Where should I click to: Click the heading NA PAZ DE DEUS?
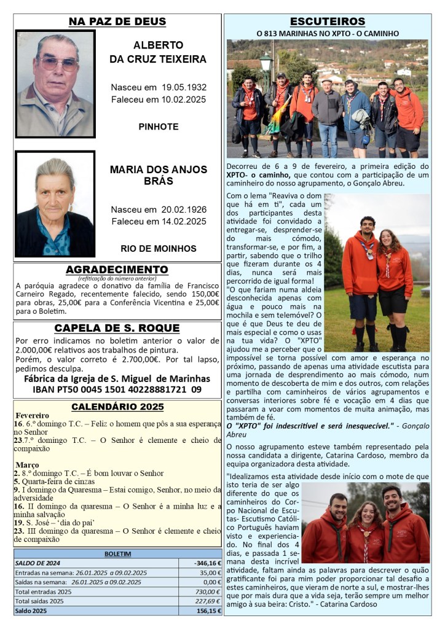point(117,22)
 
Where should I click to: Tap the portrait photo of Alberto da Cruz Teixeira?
point(55,84)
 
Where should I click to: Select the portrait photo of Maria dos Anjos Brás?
point(55,204)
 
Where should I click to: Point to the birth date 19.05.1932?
point(178,87)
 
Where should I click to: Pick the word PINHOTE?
point(159,127)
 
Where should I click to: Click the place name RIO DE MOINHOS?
point(159,249)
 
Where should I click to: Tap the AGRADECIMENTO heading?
point(117,270)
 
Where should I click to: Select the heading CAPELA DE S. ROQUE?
point(117,328)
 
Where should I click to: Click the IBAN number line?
point(117,389)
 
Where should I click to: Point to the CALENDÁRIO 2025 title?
point(117,407)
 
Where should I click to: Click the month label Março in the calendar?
point(27,465)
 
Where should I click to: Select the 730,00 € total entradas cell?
point(207,591)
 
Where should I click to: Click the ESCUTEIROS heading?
point(327,22)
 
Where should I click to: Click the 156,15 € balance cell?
point(207,611)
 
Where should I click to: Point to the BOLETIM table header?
point(117,553)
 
